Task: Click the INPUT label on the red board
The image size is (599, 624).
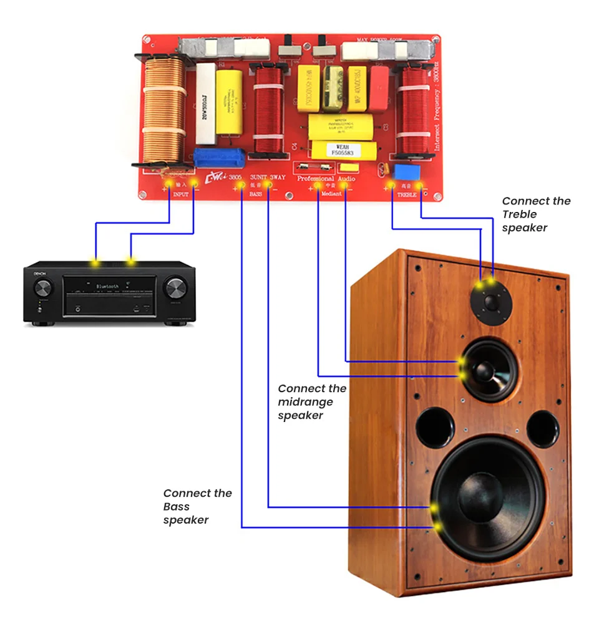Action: point(181,195)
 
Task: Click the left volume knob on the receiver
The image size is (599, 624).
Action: point(43,288)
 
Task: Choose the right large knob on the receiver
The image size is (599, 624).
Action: point(175,289)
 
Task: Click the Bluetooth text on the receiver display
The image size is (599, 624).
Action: point(107,286)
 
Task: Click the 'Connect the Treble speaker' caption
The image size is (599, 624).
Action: point(536,214)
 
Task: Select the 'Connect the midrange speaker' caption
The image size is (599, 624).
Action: point(312,402)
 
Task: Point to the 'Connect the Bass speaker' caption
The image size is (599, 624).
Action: point(197,506)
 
